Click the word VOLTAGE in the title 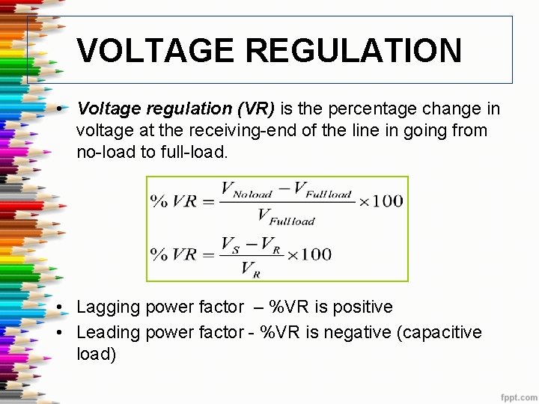tap(156, 51)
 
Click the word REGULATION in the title tap(353, 51)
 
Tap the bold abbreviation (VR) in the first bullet tap(255, 109)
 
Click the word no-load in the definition tap(104, 152)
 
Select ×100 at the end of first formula tap(381, 201)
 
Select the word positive tap(362, 307)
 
